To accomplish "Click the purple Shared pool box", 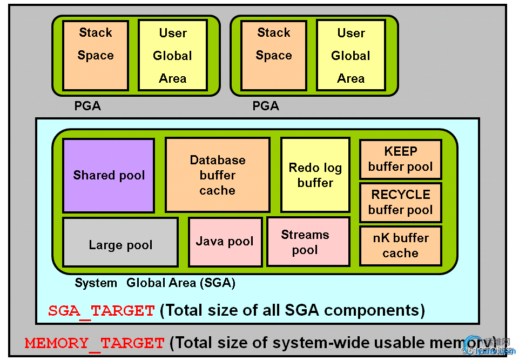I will pyautogui.click(x=109, y=175).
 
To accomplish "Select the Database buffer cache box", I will pyautogui.click(x=217, y=175).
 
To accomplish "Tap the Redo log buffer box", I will pyautogui.click(x=315, y=175).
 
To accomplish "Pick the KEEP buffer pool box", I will pyautogui.click(x=400, y=159).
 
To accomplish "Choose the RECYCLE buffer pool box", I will pyautogui.click(x=400, y=202).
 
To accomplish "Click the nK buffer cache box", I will pyautogui.click(x=400, y=245).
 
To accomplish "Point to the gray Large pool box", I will pyautogui.click(x=120, y=242).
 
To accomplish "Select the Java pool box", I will pyautogui.click(x=225, y=242).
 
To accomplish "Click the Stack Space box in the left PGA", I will pyautogui.click(x=96, y=55).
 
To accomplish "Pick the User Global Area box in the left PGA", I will pyautogui.click(x=172, y=55).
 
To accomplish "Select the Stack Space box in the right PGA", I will pyautogui.click(x=274, y=55).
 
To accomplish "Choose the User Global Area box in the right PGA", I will pyautogui.click(x=351, y=55).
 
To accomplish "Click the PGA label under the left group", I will pyautogui.click(x=87, y=106).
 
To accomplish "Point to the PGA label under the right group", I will pyautogui.click(x=266, y=106).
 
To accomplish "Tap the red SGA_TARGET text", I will pyautogui.click(x=102, y=311).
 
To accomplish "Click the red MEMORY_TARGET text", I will pyautogui.click(x=95, y=343).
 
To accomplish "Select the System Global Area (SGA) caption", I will pyautogui.click(x=155, y=283).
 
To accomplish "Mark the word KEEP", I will pyautogui.click(x=400, y=151).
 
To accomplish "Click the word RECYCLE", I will pyautogui.click(x=400, y=195).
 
